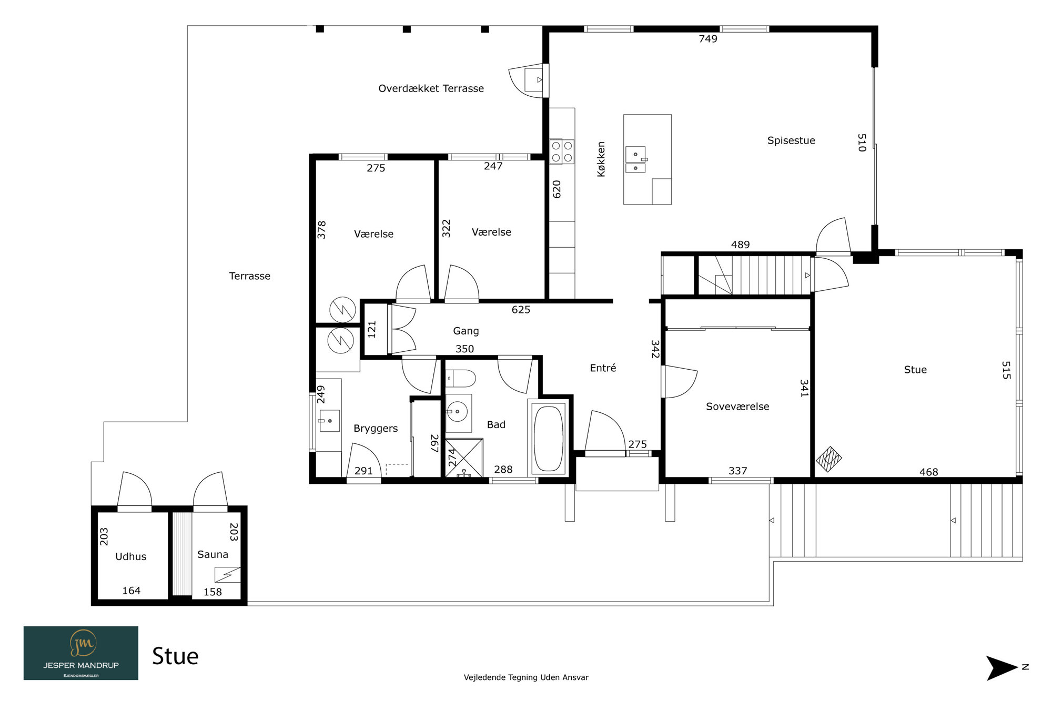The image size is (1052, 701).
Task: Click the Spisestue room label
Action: [x=791, y=140]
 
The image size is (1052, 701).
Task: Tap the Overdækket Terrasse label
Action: [x=431, y=88]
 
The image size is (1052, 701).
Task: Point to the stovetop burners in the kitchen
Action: [x=562, y=151]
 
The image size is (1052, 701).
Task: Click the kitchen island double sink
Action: [x=635, y=160]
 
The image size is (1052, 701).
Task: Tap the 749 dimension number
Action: [x=708, y=38]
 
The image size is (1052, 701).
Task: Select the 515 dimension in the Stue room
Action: [x=1006, y=370]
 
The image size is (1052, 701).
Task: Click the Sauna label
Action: [x=213, y=554]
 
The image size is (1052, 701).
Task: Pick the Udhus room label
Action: [x=131, y=556]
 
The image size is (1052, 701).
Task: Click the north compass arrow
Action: [x=1002, y=668]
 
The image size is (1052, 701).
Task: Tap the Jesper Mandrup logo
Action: [x=81, y=653]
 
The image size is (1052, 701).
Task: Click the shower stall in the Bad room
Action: [x=464, y=458]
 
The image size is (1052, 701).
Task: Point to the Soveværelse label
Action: [x=737, y=407]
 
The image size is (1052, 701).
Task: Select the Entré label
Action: [x=603, y=368]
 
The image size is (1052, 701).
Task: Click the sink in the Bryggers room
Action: [x=329, y=421]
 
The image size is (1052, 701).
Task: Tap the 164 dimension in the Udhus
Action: [x=131, y=591]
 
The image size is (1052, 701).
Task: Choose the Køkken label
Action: [x=601, y=159]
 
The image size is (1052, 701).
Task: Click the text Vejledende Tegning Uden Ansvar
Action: [x=526, y=677]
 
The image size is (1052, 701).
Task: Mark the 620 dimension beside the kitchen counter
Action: [x=557, y=189]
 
